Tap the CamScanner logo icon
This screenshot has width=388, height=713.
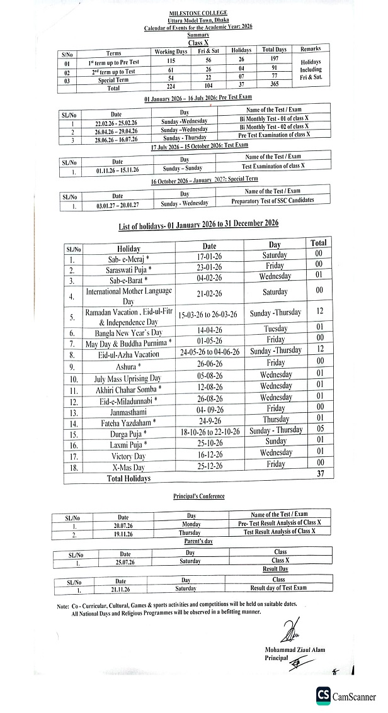coord(324,695)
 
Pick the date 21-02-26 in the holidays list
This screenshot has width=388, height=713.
coord(210,293)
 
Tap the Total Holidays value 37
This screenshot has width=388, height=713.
coord(320,474)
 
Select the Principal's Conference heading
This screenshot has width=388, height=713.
coord(198,496)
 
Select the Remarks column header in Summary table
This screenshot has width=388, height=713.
coord(311,49)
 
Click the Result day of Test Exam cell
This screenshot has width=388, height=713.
coord(278,587)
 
